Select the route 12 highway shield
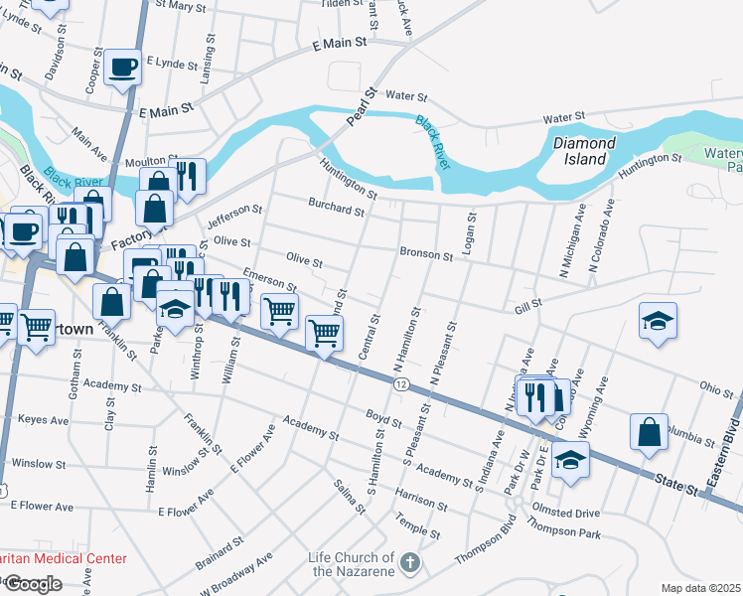point(400,383)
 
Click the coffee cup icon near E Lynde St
point(123,68)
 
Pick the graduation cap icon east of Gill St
point(658,321)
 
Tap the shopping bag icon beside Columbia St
point(649,432)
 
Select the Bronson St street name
point(426,254)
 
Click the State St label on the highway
point(676,481)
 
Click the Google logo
point(33,583)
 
